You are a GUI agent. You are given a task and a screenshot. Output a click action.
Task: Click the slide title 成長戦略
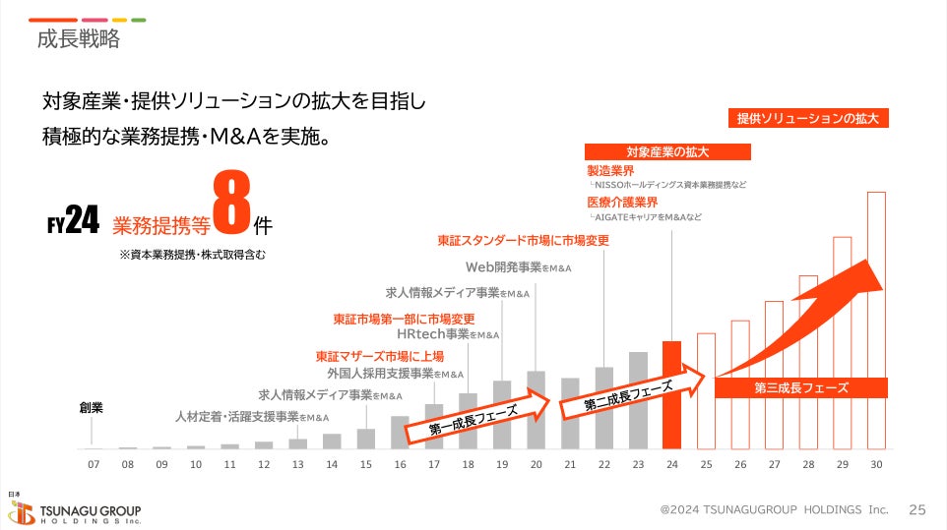(x=78, y=40)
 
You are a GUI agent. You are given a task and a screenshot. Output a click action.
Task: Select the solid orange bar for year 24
(x=671, y=394)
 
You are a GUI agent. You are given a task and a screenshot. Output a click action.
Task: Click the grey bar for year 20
(x=536, y=409)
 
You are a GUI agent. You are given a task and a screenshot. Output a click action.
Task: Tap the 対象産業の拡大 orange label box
(x=667, y=152)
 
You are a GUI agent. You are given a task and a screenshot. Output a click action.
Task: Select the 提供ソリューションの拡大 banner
(x=807, y=118)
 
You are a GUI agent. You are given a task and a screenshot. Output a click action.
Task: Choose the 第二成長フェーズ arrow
(x=630, y=392)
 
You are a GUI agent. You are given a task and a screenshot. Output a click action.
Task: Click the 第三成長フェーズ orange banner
(x=800, y=387)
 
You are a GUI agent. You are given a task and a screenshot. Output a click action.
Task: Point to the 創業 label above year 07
(x=92, y=407)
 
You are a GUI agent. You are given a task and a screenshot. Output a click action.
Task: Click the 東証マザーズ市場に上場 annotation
(x=379, y=356)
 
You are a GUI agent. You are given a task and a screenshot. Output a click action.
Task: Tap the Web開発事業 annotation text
(x=518, y=266)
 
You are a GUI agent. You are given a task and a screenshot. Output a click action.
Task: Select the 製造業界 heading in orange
(x=610, y=171)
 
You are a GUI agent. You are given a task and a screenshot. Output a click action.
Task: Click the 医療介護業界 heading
(x=622, y=203)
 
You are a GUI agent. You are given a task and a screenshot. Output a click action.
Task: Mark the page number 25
(x=916, y=509)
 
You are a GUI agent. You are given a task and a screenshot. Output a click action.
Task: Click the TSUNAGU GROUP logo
(x=75, y=511)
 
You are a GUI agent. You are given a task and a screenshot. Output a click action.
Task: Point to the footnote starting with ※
(x=191, y=254)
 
